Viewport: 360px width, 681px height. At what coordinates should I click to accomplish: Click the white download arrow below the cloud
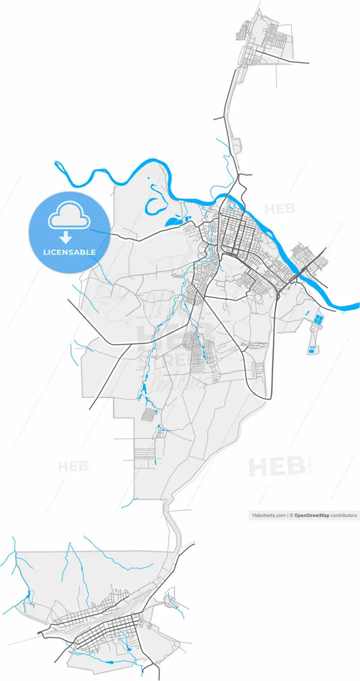(x=66, y=237)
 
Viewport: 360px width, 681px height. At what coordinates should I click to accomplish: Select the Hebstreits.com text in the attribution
(x=269, y=515)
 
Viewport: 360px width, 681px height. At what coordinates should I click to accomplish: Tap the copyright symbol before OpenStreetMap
(x=290, y=515)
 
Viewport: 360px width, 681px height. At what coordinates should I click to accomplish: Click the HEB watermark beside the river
(x=280, y=209)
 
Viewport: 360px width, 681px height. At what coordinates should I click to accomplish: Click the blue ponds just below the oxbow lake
(x=174, y=220)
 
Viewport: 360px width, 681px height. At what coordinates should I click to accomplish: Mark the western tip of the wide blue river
(x=57, y=164)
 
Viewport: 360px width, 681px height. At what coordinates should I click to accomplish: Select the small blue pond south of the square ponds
(x=311, y=349)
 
